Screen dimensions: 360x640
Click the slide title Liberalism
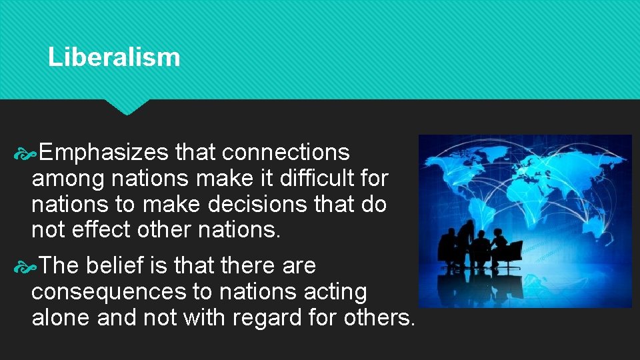[114, 57]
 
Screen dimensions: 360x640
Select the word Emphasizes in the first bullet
[103, 153]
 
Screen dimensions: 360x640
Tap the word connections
[285, 153]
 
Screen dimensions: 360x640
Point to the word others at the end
[379, 317]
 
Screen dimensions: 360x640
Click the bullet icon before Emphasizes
[25, 153]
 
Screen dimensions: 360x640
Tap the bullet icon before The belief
[25, 267]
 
